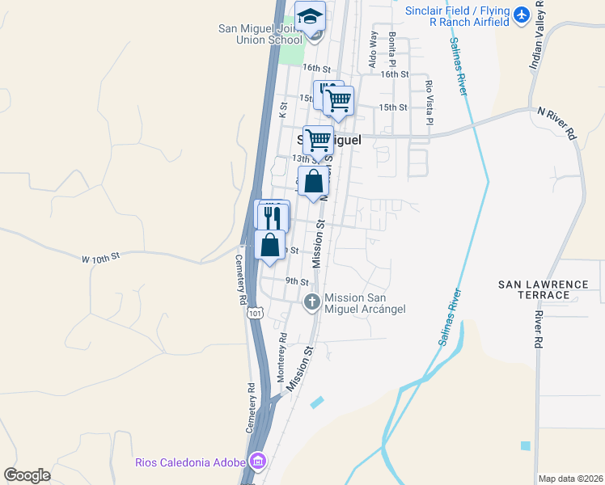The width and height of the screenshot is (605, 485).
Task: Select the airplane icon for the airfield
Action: pos(521,15)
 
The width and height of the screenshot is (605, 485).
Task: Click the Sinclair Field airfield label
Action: pos(459,16)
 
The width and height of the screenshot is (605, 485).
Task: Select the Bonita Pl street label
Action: pos(392,48)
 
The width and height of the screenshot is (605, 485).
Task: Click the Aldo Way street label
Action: pos(374,49)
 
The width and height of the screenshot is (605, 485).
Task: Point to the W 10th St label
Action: pos(100,256)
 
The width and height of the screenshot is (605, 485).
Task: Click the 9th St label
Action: pos(297,281)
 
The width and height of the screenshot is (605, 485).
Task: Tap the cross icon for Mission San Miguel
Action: pos(311,302)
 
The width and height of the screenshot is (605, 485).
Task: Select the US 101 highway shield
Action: pos(256,312)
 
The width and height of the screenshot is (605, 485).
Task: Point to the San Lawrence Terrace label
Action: pos(544,289)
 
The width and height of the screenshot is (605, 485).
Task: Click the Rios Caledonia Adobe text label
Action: pos(192,463)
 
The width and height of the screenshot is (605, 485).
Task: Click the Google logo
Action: pos(27,475)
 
